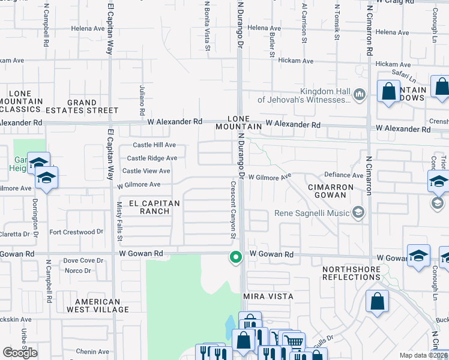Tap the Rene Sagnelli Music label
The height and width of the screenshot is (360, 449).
pos(312,212)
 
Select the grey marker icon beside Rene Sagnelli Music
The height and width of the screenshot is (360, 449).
pos(358,212)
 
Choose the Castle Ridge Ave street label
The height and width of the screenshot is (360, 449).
pos(152,158)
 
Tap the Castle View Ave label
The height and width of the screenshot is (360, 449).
pos(146,172)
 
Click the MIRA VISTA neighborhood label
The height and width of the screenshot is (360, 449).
pos(268,296)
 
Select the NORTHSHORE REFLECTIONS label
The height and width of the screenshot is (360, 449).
pos(351,273)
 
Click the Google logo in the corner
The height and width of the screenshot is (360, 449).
pos(20,353)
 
